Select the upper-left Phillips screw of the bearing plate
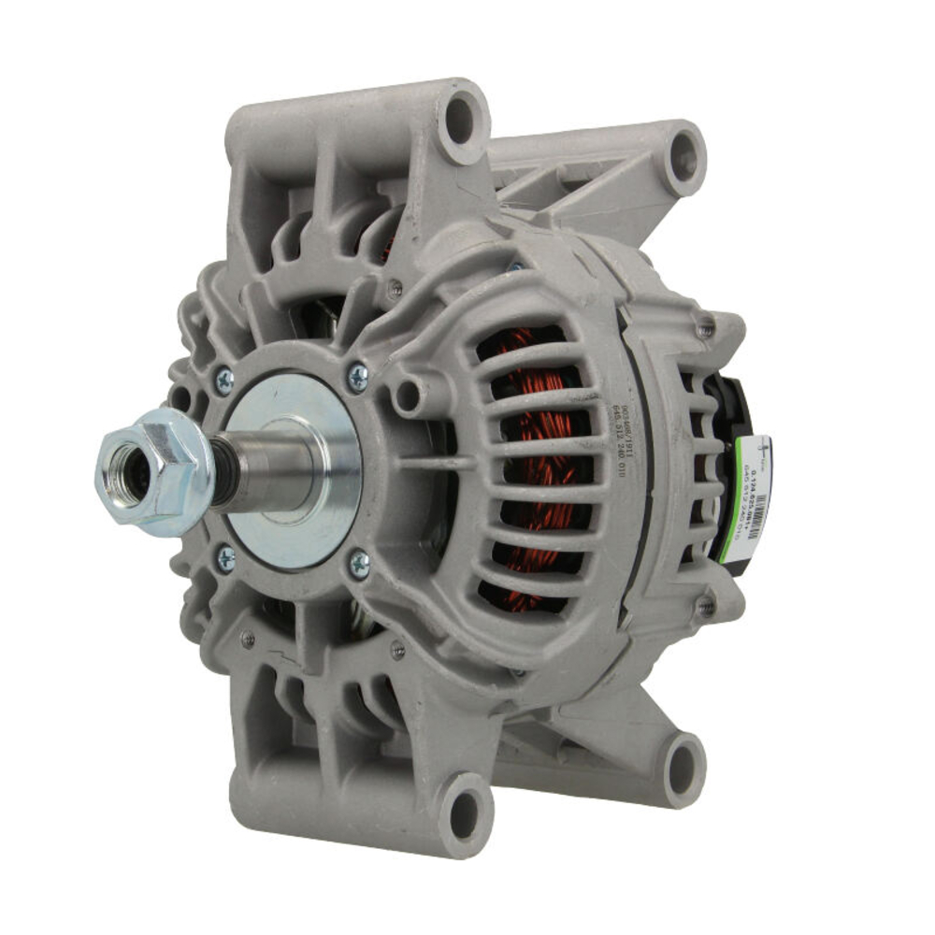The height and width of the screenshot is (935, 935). click(224, 381)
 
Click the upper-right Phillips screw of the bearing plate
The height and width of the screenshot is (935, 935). click(357, 377)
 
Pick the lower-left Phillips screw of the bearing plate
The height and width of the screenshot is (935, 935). click(226, 559)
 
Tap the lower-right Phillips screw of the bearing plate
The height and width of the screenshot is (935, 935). click(359, 563)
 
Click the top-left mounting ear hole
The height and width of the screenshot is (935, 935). click(460, 119)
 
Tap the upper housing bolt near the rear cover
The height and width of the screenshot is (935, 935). click(705, 329)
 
